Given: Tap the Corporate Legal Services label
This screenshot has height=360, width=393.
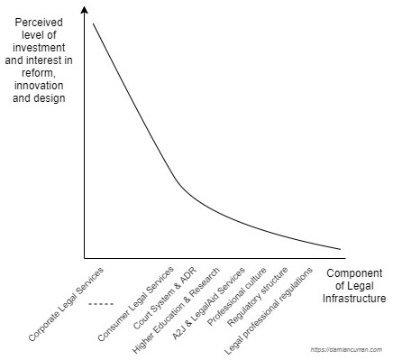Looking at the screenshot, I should [x=66, y=303].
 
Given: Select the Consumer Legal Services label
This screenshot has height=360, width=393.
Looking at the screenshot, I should [x=135, y=303].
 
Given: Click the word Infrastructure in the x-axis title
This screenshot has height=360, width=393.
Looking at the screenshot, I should [x=354, y=298].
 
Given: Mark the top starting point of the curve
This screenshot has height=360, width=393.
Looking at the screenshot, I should [x=93, y=23].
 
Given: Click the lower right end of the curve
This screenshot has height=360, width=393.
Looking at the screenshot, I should [x=341, y=249].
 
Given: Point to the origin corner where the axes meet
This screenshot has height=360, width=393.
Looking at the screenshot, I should [x=84, y=257].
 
